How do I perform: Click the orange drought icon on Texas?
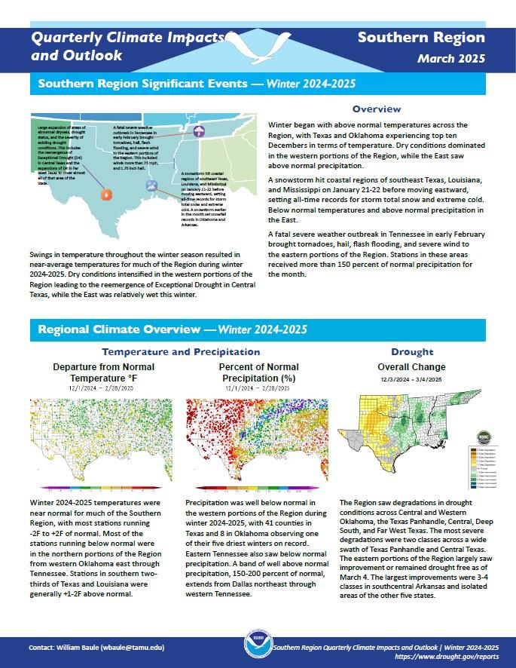click(x=106, y=195)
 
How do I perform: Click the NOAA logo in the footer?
click(x=258, y=651)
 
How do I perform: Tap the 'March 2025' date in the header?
click(x=451, y=58)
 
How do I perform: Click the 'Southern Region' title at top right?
click(x=421, y=38)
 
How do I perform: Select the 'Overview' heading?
click(x=376, y=109)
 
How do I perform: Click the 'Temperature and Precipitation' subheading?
click(x=181, y=351)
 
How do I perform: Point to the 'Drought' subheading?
click(x=412, y=351)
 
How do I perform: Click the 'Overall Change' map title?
click(x=412, y=366)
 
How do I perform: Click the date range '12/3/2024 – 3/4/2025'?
click(x=412, y=378)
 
